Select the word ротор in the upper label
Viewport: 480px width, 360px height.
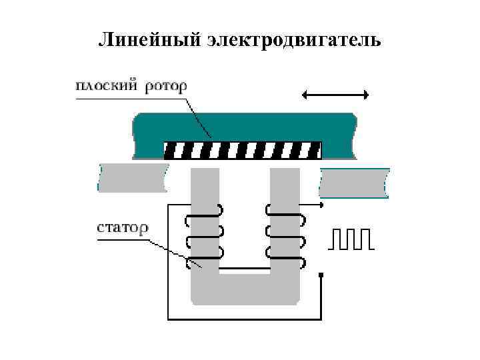point(164,86)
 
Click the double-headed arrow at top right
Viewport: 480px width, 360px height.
point(335,95)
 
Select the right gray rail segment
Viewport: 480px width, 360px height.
point(353,182)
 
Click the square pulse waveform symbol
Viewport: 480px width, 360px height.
point(351,238)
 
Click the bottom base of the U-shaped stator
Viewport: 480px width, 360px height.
point(245,289)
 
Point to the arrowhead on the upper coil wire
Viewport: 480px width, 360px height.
point(321,204)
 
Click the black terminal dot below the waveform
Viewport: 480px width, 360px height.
point(321,275)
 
